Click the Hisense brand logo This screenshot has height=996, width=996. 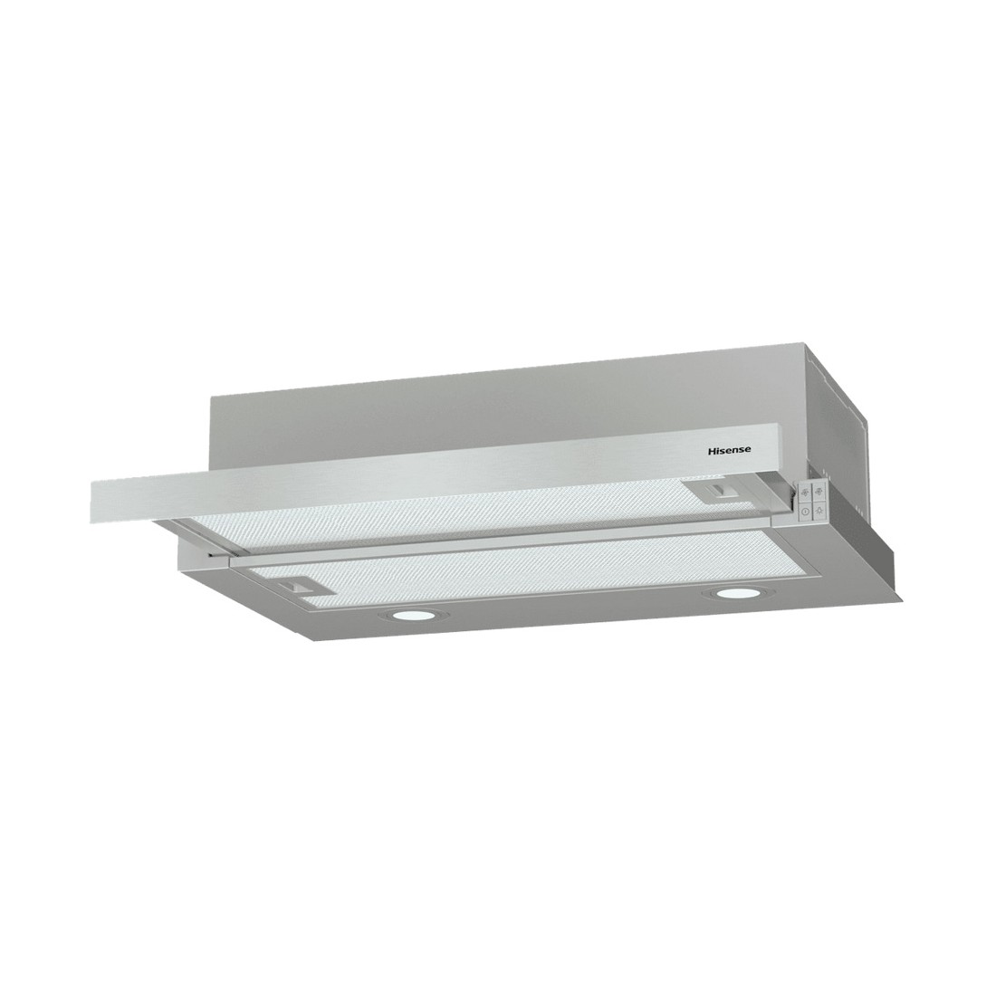pos(730,450)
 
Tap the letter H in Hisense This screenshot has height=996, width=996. pos(712,450)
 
